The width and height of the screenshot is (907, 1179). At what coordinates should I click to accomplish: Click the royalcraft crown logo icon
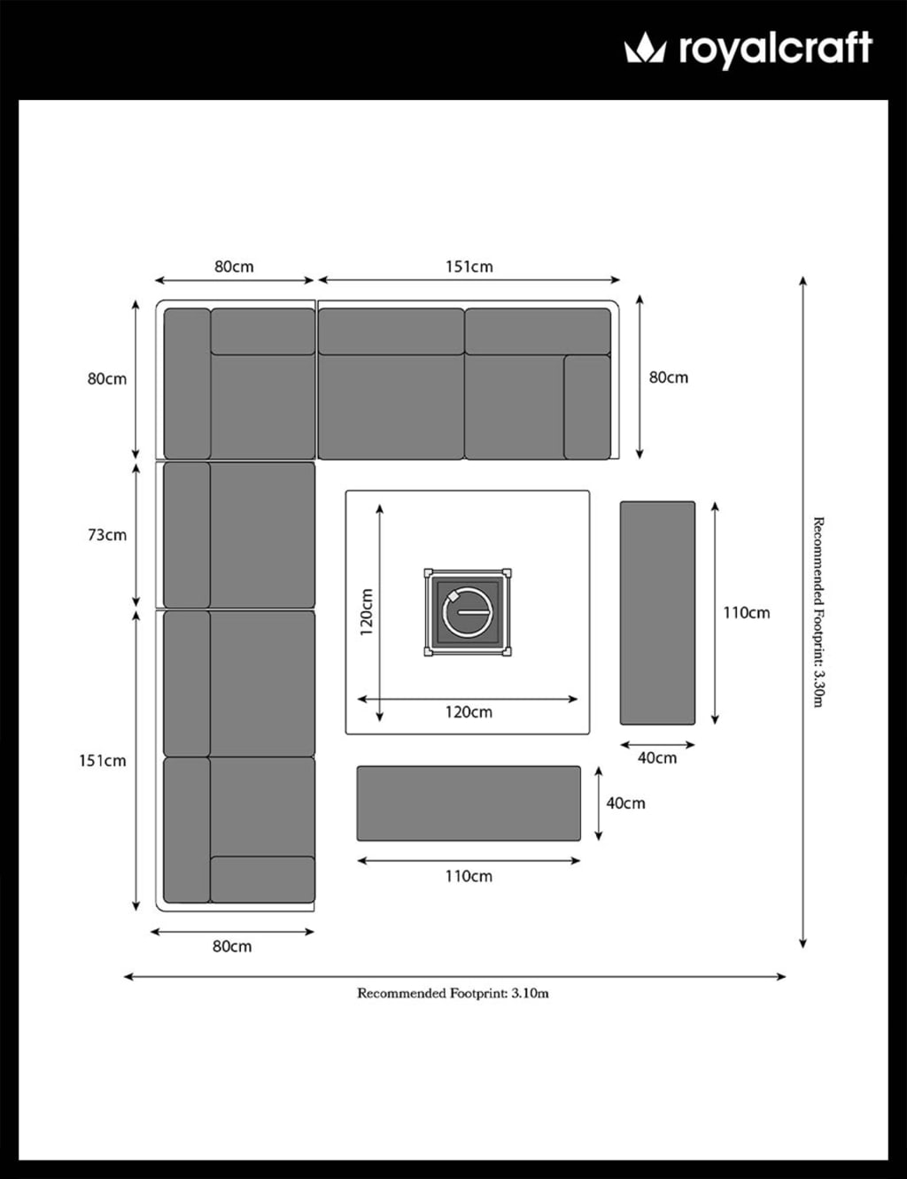[x=645, y=47]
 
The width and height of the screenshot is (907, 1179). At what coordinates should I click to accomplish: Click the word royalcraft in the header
[x=776, y=50]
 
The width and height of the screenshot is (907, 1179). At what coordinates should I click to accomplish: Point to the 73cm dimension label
[x=107, y=535]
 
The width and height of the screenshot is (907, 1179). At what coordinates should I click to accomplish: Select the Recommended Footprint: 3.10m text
[x=453, y=994]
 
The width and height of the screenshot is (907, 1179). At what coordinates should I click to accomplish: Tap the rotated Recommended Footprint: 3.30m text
[x=818, y=612]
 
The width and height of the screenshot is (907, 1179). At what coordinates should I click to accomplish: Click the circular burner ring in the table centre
[x=468, y=612]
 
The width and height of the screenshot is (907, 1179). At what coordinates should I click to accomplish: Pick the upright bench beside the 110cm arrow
[x=657, y=613]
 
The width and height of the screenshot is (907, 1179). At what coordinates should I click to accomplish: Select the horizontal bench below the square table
[x=469, y=803]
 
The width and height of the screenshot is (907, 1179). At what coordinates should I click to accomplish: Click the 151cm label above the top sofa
[x=469, y=267]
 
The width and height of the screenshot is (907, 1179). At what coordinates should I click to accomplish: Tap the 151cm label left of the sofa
[x=103, y=761]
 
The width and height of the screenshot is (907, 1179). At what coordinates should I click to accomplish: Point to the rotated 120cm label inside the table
[x=367, y=612]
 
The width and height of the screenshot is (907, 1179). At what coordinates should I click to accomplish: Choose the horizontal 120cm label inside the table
[x=469, y=712]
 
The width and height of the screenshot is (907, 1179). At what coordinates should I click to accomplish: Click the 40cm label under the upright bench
[x=657, y=758]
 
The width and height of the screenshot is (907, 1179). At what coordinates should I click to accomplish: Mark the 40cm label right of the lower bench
[x=626, y=803]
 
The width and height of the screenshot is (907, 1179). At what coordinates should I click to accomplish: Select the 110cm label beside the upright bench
[x=747, y=613]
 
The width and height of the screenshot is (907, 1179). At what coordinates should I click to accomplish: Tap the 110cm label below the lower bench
[x=469, y=876]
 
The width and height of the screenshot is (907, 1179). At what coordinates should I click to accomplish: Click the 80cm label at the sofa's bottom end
[x=232, y=946]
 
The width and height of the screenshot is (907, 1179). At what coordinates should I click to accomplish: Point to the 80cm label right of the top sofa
[x=669, y=377]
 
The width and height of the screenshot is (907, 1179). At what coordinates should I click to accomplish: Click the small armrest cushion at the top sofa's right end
[x=587, y=407]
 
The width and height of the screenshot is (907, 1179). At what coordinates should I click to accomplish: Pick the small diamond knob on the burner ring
[x=451, y=596]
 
